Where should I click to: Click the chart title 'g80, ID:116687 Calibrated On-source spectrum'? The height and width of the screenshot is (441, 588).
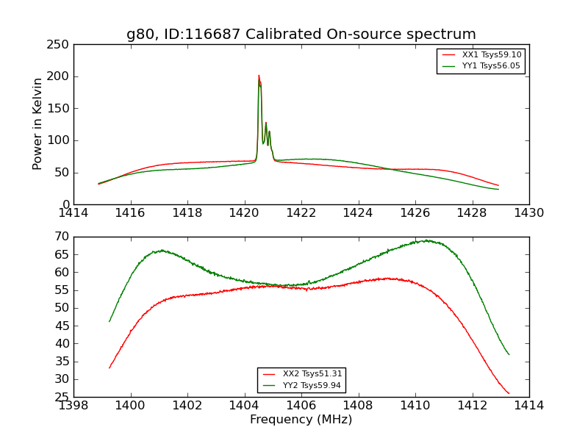[x=301, y=34]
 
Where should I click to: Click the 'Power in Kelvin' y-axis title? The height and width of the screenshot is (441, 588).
[x=38, y=123]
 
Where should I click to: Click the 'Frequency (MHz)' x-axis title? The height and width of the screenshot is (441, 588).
[x=301, y=420]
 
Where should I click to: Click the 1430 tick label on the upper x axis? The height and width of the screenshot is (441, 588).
[x=528, y=212]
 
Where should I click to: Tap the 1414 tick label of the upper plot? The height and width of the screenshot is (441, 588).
[x=73, y=212]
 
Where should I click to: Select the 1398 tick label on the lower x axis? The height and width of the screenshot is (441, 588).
[x=73, y=405]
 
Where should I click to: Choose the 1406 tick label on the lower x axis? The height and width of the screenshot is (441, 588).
[x=301, y=405]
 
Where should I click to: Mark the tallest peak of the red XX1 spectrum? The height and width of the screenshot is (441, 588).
[x=259, y=75]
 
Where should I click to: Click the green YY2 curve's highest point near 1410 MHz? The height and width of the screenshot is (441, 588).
[x=426, y=240]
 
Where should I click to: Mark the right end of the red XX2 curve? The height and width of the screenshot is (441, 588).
[x=509, y=393]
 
